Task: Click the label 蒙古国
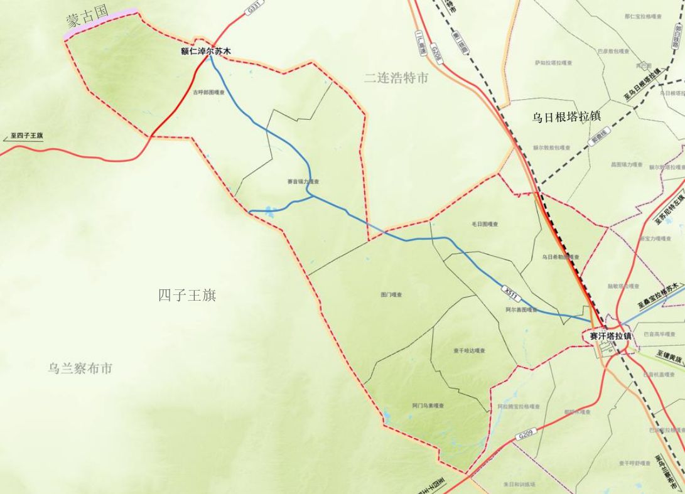point(87,17)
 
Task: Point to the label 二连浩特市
point(396,78)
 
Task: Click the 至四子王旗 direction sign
point(27,136)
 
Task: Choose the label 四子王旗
point(187,295)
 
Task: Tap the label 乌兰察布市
point(80,368)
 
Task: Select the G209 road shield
point(526,434)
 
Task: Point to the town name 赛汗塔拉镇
point(610,336)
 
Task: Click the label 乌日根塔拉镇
point(566,117)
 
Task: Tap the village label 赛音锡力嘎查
point(304,181)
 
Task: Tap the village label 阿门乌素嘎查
point(428,405)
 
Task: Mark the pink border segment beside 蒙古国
point(100,24)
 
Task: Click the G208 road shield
point(436,53)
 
